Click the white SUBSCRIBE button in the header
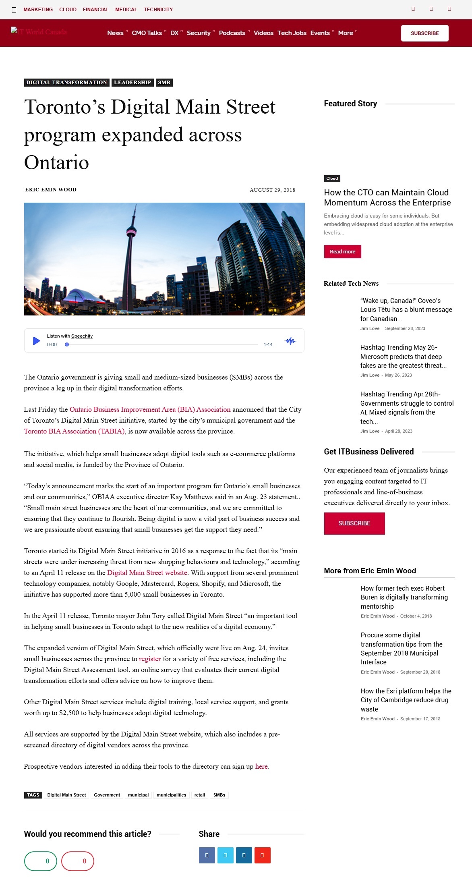coord(424,33)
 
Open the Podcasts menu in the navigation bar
coord(232,33)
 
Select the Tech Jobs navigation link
coord(292,33)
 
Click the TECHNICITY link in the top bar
coord(158,10)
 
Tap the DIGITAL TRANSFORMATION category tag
coord(66,83)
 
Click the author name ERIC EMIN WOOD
coord(51,190)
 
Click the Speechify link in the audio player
coord(82,336)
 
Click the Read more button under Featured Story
coord(342,251)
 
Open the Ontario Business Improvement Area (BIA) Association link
coord(150,409)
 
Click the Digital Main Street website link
coord(147,573)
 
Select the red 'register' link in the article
coord(150,659)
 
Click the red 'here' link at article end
coord(261,766)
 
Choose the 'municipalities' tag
coord(171,795)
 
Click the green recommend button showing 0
coord(41,861)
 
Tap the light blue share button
coord(225,855)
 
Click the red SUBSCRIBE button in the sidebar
coord(354,523)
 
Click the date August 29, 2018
coord(272,190)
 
